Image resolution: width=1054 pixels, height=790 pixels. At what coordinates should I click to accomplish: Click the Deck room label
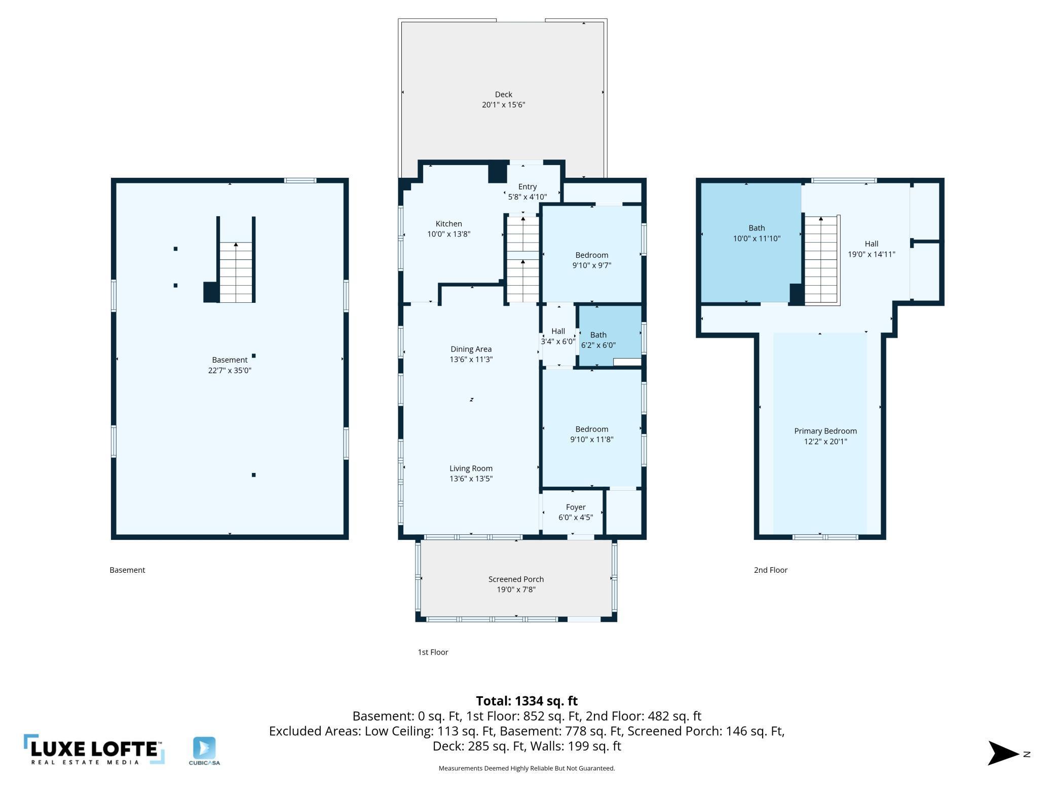tap(503, 100)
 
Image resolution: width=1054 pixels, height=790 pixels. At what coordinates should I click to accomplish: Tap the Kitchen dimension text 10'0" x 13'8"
tap(448, 234)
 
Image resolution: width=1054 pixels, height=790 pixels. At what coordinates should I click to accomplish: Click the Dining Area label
tap(471, 354)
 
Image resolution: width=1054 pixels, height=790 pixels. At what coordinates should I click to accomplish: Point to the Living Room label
tap(471, 473)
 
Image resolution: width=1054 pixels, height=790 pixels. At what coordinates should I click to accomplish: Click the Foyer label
tap(576, 512)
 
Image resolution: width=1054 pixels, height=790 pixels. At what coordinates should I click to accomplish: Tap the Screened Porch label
tap(516, 584)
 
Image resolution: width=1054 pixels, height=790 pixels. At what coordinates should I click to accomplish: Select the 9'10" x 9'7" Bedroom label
tap(591, 260)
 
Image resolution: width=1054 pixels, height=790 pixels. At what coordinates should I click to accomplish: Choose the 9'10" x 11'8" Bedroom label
tap(591, 434)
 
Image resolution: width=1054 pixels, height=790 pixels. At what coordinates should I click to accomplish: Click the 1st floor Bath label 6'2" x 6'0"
tap(598, 340)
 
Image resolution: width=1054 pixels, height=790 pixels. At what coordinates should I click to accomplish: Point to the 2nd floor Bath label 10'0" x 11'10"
tap(757, 233)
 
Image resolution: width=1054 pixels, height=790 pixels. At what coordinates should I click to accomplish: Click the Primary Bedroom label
tap(825, 436)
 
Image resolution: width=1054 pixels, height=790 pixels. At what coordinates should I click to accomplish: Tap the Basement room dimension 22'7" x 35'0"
tap(230, 370)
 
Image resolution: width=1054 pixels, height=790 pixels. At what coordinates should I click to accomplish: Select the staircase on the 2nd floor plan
tap(821, 260)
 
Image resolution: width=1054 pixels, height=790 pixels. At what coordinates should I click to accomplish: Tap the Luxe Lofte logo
tap(94, 749)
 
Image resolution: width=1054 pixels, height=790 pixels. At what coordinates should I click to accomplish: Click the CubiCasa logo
tap(204, 751)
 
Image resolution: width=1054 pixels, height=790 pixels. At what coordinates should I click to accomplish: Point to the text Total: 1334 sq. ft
tap(526, 701)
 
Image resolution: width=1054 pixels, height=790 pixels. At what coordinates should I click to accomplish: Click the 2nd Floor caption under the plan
tap(770, 570)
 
